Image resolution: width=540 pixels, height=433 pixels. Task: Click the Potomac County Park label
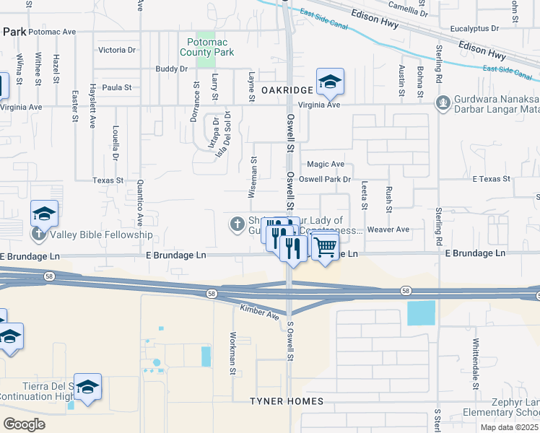click(x=206, y=48)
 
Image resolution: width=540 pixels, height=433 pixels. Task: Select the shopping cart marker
click(x=326, y=247)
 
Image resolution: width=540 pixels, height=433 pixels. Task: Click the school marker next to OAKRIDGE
click(x=330, y=82)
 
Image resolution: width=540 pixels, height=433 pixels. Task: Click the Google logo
click(x=24, y=424)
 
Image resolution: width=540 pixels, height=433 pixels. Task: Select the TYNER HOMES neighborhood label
click(x=282, y=401)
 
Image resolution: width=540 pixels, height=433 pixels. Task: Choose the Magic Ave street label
click(x=326, y=165)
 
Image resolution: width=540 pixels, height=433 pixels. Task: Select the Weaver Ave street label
click(x=388, y=229)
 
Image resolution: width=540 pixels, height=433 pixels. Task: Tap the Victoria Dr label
click(x=117, y=51)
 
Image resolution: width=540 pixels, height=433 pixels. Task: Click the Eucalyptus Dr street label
click(x=474, y=29)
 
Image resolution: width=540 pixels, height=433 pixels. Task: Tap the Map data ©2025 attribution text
click(x=508, y=427)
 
